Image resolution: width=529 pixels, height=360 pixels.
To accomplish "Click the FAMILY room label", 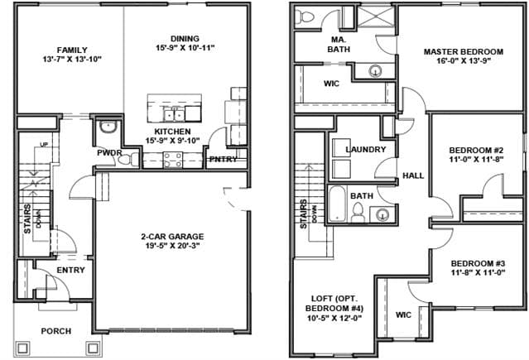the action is click(x=72, y=50).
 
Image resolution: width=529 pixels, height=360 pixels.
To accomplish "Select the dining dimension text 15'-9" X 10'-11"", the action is click(x=185, y=47).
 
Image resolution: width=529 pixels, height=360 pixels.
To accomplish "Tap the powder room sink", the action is click(x=108, y=127).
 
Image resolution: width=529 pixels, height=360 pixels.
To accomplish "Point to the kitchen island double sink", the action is click(x=174, y=115).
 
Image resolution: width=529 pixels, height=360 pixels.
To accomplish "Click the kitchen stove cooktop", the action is click(x=173, y=160).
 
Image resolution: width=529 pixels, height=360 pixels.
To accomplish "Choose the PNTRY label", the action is click(x=224, y=159).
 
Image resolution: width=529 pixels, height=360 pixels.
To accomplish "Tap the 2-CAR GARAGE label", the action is click(x=172, y=236).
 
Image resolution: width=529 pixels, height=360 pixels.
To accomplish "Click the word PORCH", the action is click(x=56, y=331).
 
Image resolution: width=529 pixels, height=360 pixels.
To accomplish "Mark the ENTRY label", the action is click(x=70, y=270).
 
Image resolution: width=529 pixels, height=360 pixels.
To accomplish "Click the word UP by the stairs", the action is click(x=44, y=145).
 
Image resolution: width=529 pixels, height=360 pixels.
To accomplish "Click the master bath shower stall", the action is click(x=375, y=17).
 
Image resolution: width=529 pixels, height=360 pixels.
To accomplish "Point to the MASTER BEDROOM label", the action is click(x=464, y=51).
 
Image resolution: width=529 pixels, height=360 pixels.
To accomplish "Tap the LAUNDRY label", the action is click(x=366, y=149).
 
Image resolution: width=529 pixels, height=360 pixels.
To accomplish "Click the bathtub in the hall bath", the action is click(x=338, y=204).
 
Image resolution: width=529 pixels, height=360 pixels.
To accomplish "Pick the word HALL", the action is click(x=413, y=175).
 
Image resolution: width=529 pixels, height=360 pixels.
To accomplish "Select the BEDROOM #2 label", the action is click(x=476, y=150).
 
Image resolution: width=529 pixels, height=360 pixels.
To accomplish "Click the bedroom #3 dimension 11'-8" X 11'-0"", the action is click(x=478, y=272).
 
